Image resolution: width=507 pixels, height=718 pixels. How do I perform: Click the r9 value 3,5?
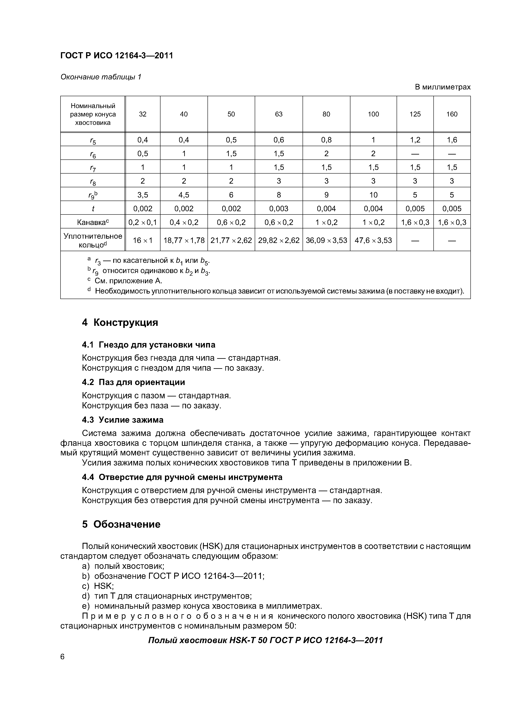(x=142, y=195)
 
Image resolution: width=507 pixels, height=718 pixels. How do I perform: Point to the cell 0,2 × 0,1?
(x=142, y=222)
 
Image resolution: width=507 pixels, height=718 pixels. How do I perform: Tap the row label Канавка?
(x=93, y=222)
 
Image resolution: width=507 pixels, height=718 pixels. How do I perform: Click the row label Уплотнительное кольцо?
(x=93, y=240)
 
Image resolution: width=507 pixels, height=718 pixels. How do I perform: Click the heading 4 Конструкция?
(x=120, y=322)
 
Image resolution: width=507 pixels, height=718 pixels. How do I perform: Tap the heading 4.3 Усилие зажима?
(x=123, y=420)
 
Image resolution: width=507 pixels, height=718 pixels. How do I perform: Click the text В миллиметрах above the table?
(x=442, y=87)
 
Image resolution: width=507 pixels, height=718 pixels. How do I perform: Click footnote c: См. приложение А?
(x=128, y=281)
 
